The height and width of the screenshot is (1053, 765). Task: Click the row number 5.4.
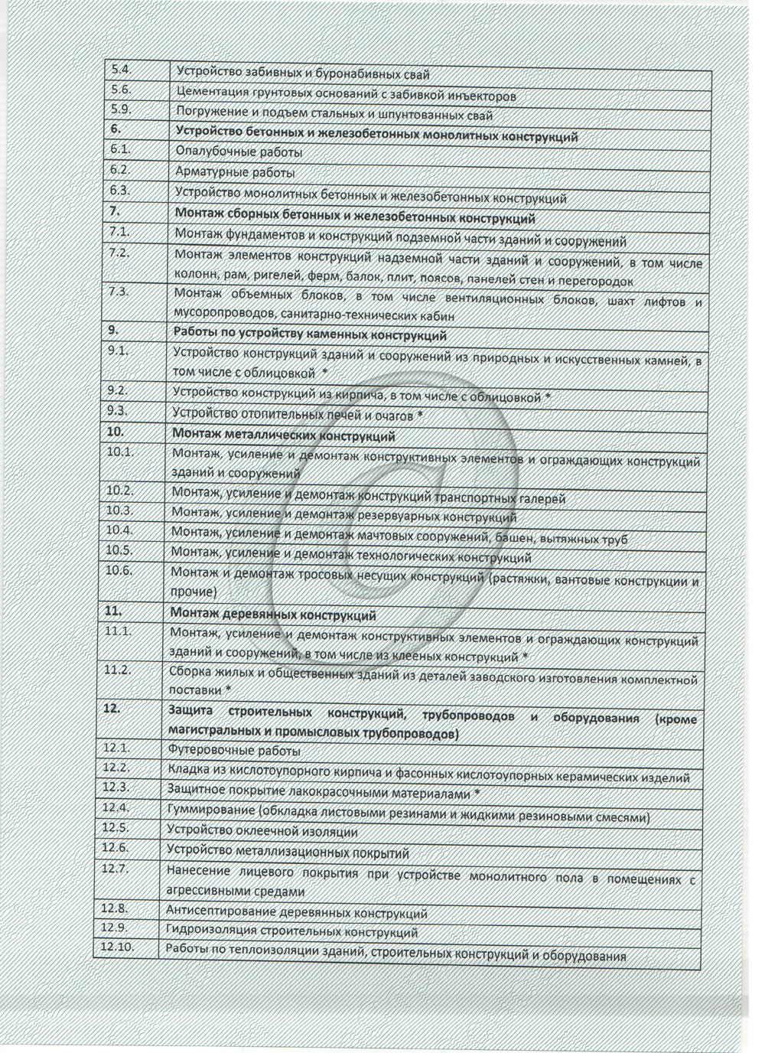(x=121, y=70)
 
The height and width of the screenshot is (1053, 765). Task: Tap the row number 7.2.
(x=120, y=254)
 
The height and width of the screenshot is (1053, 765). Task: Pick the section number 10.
(x=116, y=431)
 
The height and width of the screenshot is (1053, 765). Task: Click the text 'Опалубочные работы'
(x=239, y=152)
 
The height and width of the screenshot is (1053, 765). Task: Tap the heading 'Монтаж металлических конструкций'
(x=284, y=436)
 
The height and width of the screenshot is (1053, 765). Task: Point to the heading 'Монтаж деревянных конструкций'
(x=273, y=615)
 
